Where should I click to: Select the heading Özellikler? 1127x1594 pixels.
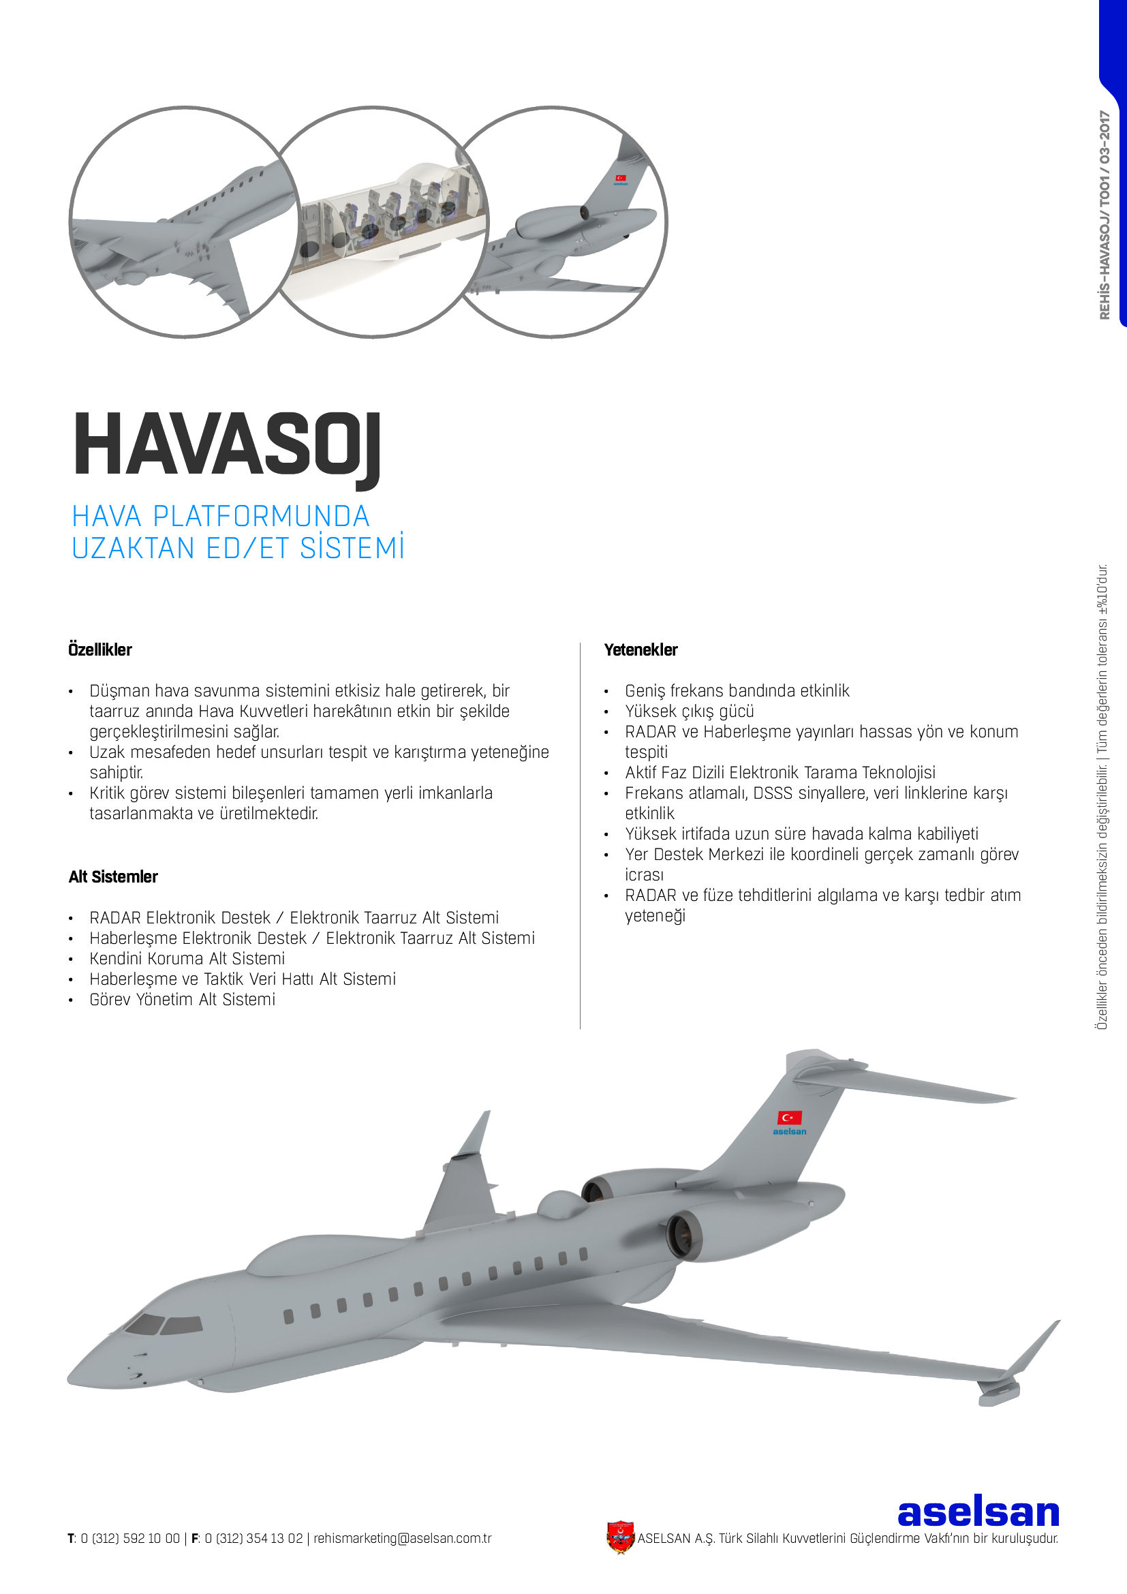point(100,650)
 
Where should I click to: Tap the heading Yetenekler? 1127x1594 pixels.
point(640,650)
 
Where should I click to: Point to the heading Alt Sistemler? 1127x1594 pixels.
point(113,877)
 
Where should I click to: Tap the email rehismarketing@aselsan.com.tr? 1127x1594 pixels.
point(402,1539)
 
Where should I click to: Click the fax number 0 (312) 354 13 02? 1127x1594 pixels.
point(253,1539)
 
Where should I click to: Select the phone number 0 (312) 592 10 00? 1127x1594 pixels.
point(129,1539)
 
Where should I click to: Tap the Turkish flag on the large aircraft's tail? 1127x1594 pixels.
point(790,1117)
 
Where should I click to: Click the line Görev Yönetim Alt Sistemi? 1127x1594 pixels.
point(182,1000)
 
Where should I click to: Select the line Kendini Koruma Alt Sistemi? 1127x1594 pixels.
point(187,959)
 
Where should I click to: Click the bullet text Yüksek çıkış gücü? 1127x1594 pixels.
point(689,711)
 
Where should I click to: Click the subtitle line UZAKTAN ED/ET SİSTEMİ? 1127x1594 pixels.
point(238,549)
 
